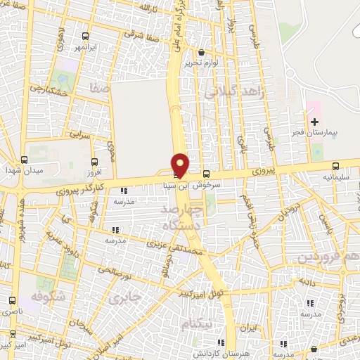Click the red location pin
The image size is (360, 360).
pyautogui.click(x=181, y=165)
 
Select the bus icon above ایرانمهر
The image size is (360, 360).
pyautogui.click(x=85, y=37)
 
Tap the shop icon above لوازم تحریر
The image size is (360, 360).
pyautogui.click(x=201, y=52)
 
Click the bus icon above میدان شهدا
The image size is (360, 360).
pyautogui.click(x=24, y=160)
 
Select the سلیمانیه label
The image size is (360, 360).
pyautogui.click(x=335, y=178)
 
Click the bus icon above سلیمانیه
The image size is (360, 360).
pyautogui.click(x=335, y=167)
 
